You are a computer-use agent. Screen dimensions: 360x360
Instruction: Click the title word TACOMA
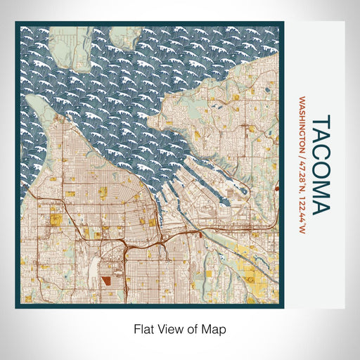(318, 166)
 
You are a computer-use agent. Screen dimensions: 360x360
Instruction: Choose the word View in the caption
(167, 328)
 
